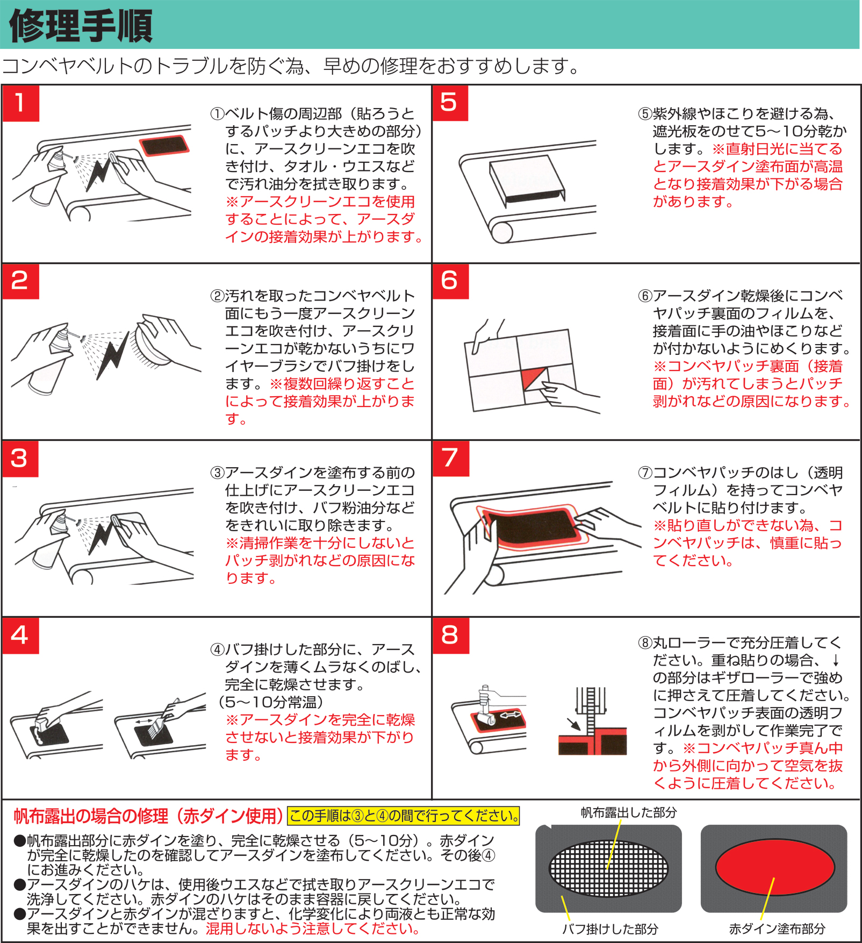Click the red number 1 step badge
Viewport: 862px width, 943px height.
point(21,103)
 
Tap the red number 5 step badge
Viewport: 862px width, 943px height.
point(450,103)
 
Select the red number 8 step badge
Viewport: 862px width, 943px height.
point(451,635)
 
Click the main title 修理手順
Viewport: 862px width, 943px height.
point(81,26)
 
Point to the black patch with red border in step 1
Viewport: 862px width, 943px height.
point(163,146)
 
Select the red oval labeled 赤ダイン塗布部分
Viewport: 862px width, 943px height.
point(774,868)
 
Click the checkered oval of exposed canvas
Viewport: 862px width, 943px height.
point(608,868)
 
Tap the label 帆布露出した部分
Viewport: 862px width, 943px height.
point(628,813)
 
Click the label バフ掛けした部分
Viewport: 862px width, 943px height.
point(610,929)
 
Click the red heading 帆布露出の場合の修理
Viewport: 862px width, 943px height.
point(148,816)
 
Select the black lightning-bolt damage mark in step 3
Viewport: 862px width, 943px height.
point(102,538)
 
